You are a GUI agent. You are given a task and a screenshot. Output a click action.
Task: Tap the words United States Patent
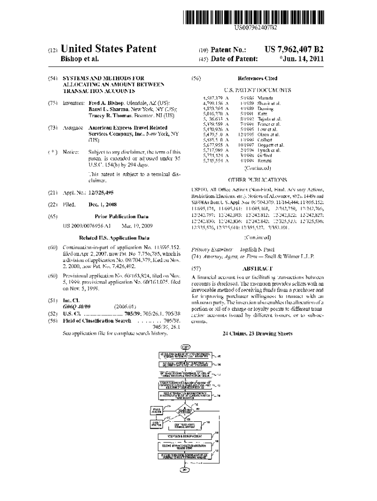pos(108,49)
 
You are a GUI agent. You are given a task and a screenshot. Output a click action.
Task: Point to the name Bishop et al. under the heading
pos(79,59)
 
